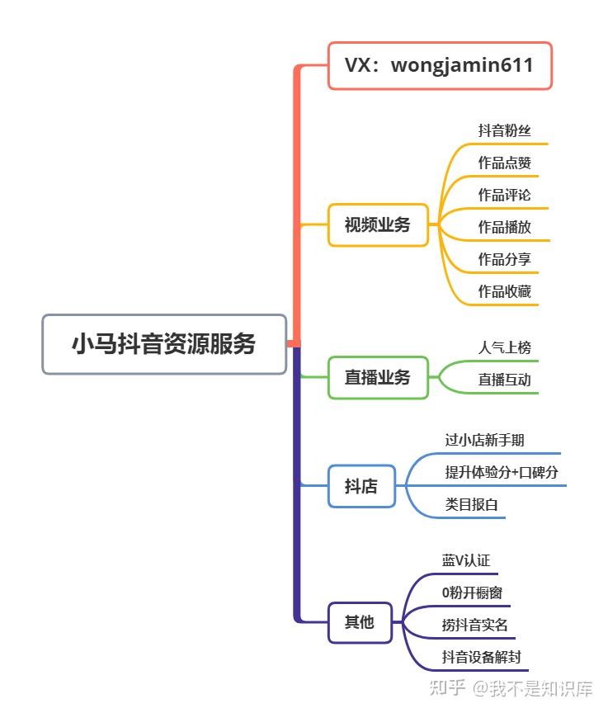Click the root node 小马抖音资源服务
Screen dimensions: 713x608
164,344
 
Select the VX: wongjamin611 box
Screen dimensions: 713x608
440,65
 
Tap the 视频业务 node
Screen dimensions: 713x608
378,224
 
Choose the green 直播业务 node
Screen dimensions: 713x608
378,377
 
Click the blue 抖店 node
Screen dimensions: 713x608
361,486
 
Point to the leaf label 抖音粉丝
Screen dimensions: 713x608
505,130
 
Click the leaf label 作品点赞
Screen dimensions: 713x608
505,163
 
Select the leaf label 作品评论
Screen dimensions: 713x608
505,195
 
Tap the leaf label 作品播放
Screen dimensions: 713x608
505,227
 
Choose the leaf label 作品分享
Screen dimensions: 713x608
505,259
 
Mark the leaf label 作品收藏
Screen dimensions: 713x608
505,291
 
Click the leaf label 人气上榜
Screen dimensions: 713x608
505,347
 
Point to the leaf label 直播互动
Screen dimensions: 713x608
505,380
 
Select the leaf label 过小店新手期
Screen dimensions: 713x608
484,440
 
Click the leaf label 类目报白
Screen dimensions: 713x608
472,504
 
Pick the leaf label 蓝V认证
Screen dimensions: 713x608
466,560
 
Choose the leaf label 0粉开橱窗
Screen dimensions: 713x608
473,593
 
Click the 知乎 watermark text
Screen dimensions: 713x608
448,687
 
